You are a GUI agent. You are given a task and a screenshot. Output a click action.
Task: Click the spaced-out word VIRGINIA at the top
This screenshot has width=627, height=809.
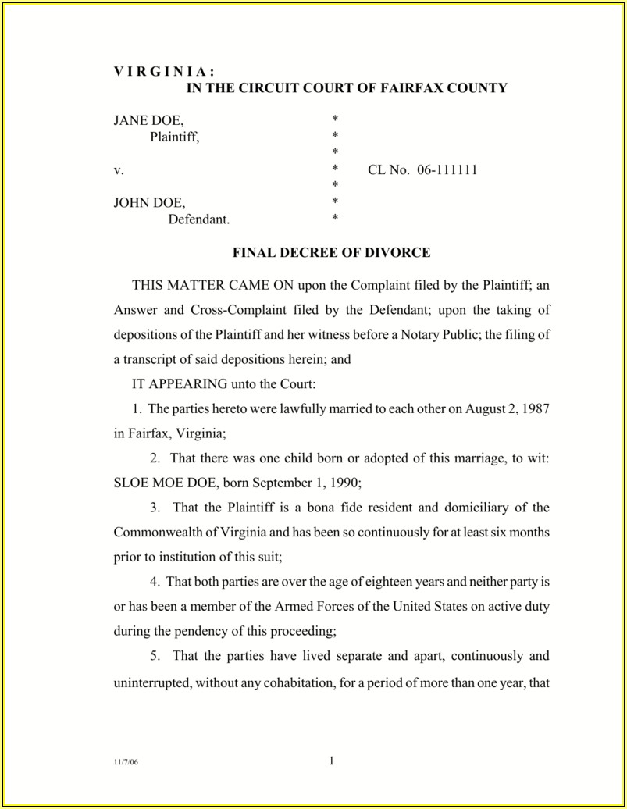(153, 72)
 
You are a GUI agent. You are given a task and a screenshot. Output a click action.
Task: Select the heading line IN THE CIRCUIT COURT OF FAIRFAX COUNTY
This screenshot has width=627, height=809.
(346, 88)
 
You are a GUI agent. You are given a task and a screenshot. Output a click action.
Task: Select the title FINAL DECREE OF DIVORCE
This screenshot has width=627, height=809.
(332, 253)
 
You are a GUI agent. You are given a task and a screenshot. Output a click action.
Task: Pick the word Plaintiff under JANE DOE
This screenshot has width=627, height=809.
(175, 137)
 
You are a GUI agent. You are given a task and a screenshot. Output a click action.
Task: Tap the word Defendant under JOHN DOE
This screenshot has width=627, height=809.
(199, 219)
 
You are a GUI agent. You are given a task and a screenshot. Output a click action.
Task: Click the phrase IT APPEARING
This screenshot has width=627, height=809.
(180, 384)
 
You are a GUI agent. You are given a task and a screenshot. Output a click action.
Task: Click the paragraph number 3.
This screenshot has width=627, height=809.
(156, 508)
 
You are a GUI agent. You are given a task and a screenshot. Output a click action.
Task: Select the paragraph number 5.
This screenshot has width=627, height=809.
(156, 655)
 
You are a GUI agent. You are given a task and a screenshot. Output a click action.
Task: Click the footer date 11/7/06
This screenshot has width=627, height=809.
(123, 764)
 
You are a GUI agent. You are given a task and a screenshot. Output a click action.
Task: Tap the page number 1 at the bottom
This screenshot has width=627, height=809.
(332, 762)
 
